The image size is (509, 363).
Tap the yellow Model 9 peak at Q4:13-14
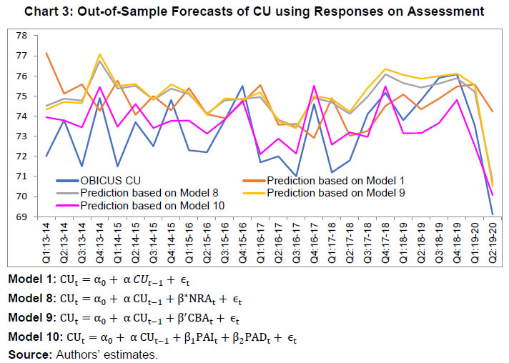coord(99,54)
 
